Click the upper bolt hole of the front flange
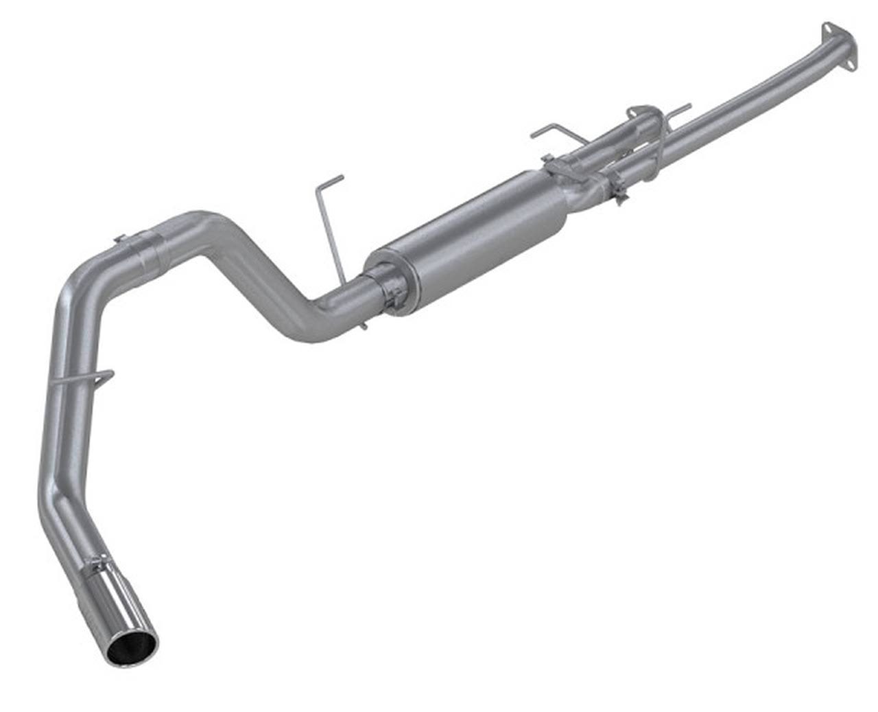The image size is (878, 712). (x=827, y=27)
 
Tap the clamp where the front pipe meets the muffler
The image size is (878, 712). (x=615, y=187)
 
